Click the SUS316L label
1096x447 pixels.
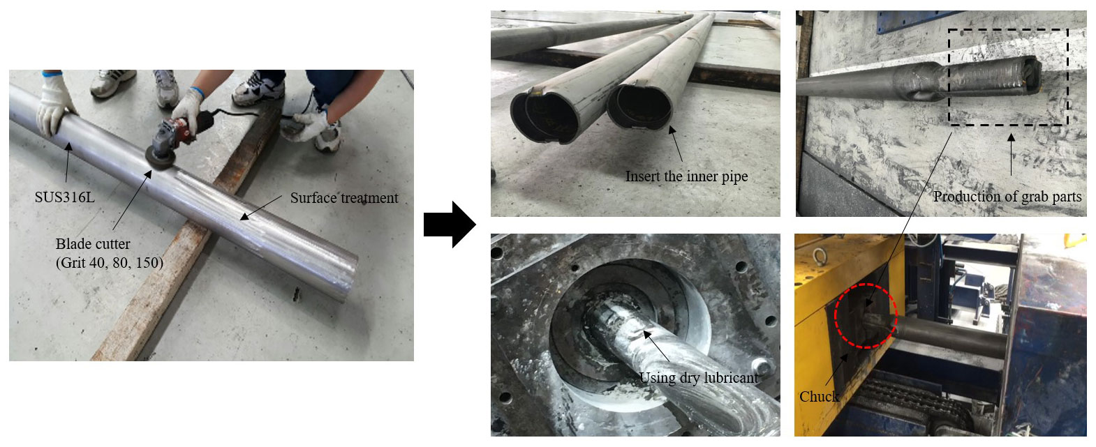coord(65,197)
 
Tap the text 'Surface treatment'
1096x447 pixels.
coord(344,198)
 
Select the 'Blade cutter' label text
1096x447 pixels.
coord(93,244)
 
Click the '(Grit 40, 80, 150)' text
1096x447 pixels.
coord(110,263)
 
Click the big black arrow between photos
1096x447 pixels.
coord(450,225)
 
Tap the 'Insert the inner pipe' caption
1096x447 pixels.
coord(686,176)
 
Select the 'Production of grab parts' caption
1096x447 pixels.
coord(1007,197)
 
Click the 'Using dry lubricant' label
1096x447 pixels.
coord(699,378)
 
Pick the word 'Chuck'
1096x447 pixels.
coord(819,396)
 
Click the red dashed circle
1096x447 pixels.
coord(835,316)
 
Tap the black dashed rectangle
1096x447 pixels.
coord(949,77)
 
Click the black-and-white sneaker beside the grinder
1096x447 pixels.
coord(258,89)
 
